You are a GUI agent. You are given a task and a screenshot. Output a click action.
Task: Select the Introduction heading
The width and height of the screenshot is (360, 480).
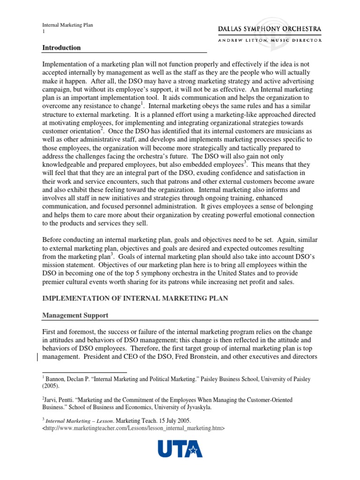(x=61, y=48)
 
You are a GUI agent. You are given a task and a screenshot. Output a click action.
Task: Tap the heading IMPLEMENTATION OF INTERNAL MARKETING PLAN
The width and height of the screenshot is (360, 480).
(x=135, y=299)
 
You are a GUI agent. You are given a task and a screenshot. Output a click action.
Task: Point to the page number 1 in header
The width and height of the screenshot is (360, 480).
(x=44, y=32)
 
